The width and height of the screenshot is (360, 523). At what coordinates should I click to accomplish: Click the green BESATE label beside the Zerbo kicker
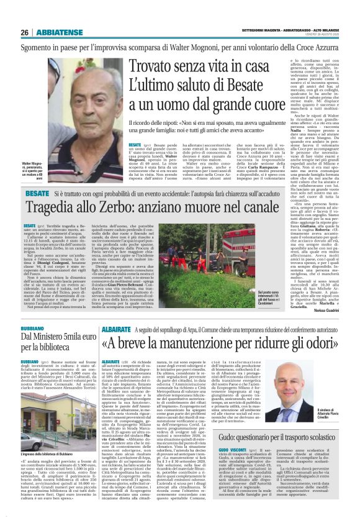(x=37, y=194)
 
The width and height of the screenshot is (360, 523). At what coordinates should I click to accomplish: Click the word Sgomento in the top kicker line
(x=41, y=45)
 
